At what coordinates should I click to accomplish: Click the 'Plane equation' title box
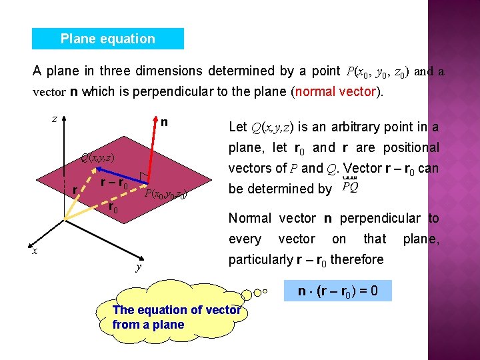[107, 39]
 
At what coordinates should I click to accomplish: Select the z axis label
[54, 119]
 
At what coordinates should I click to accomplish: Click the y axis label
[137, 267]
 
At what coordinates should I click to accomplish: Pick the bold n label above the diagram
[164, 122]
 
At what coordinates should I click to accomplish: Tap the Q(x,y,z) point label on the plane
[98, 158]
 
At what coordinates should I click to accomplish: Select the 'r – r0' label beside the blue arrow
[114, 183]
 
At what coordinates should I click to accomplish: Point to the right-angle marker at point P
[143, 177]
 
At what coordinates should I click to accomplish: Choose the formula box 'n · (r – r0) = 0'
[339, 290]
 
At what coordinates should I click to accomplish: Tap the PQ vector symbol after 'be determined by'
[349, 187]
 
